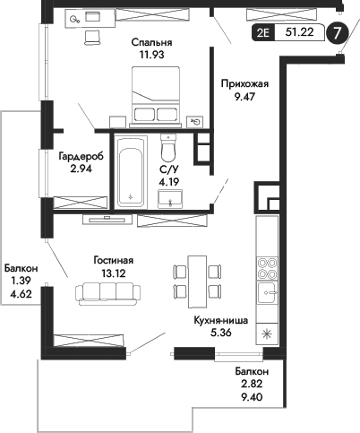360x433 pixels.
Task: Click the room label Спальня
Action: tap(151, 42)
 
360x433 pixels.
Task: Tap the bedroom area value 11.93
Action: tap(151, 56)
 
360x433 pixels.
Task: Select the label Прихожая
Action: tap(244, 85)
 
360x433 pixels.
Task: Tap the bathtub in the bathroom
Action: tap(131, 172)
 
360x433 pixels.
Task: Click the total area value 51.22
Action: tap(299, 35)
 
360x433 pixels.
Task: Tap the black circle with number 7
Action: tap(336, 34)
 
